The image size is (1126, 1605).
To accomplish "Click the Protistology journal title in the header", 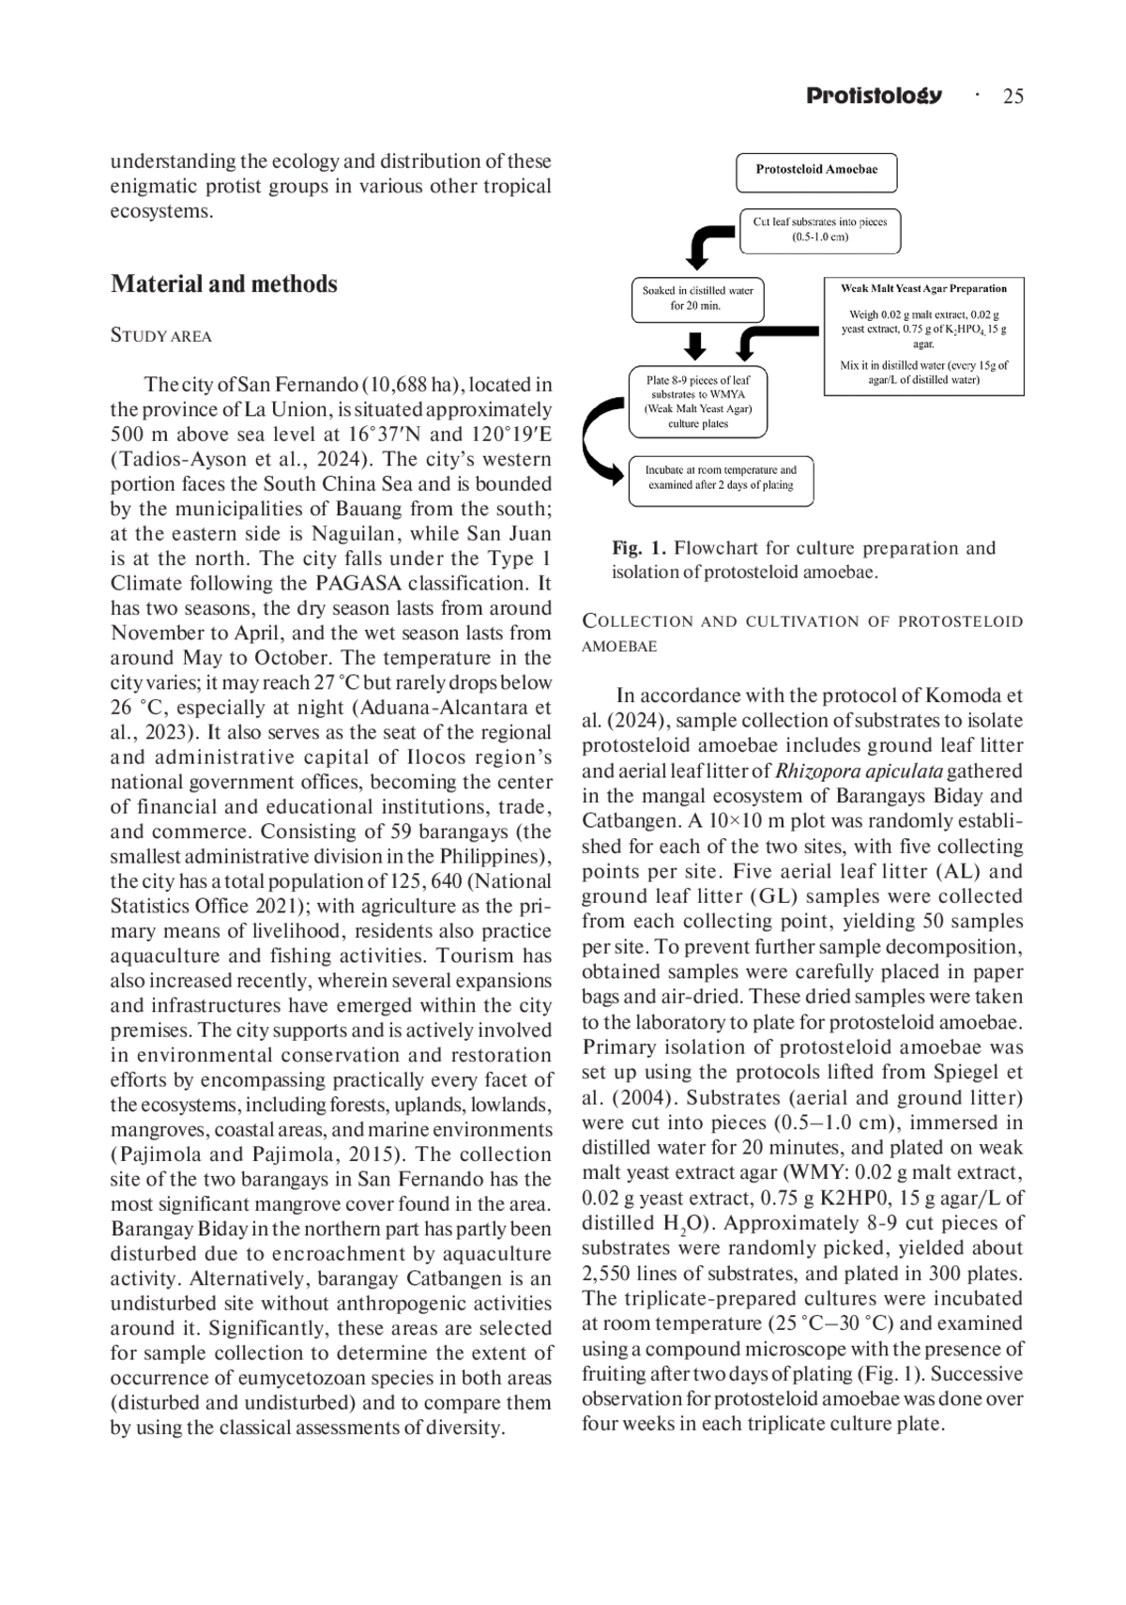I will point(874,96).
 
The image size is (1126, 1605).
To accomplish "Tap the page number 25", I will point(1012,96).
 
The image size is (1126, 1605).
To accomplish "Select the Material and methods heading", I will point(223,283).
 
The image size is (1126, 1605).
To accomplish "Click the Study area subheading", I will point(160,336).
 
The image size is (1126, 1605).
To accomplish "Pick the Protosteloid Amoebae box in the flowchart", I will point(816,171).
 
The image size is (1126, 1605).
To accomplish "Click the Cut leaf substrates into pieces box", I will point(819,230).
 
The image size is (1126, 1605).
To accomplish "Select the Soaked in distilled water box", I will point(697,298).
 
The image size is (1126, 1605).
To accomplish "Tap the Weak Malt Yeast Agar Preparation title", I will point(923,289).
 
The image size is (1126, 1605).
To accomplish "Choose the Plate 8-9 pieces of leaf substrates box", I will point(697,402).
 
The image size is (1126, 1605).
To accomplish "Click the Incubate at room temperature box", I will point(721,479).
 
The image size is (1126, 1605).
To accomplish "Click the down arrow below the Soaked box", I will point(695,345).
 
